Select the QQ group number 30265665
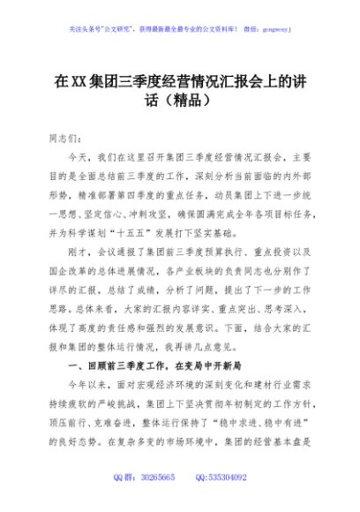[x=159, y=478]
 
